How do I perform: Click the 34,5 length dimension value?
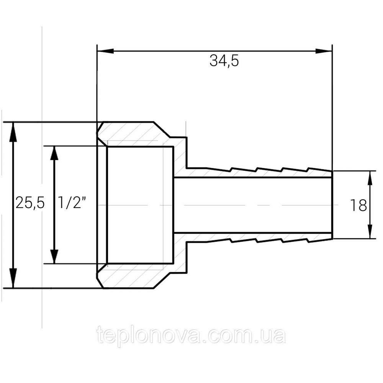pyautogui.click(x=224, y=61)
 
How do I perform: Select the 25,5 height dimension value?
pyautogui.click(x=30, y=203)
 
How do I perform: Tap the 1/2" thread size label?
pyautogui.click(x=72, y=203)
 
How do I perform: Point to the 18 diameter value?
pyautogui.click(x=358, y=206)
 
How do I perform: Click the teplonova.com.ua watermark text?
pyautogui.click(x=191, y=336)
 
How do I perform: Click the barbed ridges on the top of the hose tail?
pyautogui.click(x=268, y=169)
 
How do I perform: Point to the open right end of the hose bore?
pyautogui.click(x=330, y=205)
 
